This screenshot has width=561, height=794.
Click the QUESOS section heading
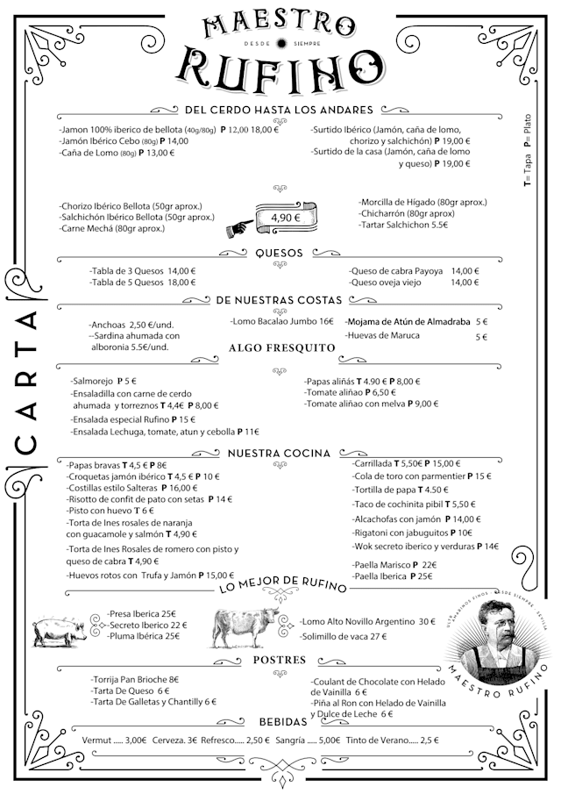click(x=279, y=254)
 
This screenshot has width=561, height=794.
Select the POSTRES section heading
click(x=279, y=660)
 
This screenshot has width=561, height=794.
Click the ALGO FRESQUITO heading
click(x=282, y=348)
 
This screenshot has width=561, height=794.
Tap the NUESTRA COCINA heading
click(x=279, y=454)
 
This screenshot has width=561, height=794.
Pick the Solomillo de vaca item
click(x=344, y=636)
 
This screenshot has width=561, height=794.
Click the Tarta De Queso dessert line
click(x=131, y=690)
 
